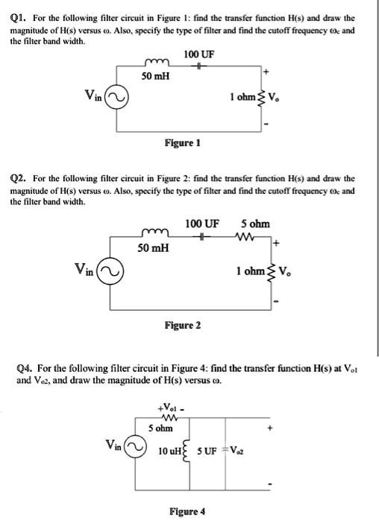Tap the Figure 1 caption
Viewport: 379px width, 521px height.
point(181,142)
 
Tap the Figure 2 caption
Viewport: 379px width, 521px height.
point(181,325)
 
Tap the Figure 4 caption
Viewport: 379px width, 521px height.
point(187,511)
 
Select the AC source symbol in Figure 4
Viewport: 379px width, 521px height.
point(135,449)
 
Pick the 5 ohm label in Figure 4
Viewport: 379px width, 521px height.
point(160,429)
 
